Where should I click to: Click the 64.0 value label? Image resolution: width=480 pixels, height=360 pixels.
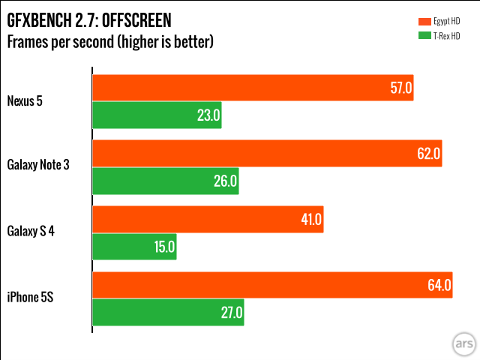click(x=439, y=285)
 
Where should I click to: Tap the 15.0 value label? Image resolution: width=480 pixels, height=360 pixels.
click(x=164, y=247)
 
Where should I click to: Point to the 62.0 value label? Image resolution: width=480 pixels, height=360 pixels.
click(x=429, y=154)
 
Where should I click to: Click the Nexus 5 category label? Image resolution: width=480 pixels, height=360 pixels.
click(x=25, y=100)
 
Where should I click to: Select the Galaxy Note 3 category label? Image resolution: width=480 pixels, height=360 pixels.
click(x=38, y=166)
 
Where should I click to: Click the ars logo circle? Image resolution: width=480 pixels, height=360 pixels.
click(x=463, y=344)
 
